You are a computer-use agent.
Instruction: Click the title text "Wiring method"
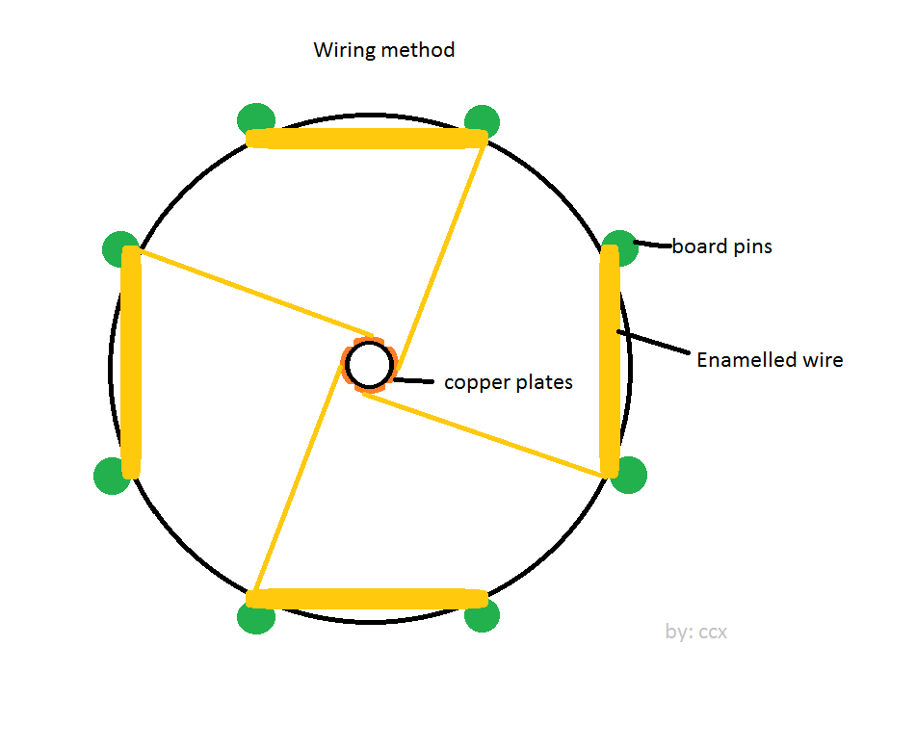(383, 50)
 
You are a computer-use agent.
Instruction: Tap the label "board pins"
(722, 246)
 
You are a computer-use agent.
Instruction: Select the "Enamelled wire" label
(770, 360)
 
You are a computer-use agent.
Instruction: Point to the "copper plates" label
(509, 382)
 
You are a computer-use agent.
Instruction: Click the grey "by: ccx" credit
(696, 632)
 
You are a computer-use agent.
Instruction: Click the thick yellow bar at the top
(367, 139)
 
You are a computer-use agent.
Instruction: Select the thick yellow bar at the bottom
(367, 599)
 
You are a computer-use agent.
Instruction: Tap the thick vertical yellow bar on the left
(131, 362)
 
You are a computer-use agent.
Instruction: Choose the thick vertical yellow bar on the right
(610, 362)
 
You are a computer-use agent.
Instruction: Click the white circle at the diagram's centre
(369, 365)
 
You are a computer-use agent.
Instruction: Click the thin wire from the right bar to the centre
(484, 436)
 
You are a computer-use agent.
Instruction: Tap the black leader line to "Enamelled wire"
(653, 343)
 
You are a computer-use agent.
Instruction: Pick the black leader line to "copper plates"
(413, 381)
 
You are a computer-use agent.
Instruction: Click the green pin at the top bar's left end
(256, 119)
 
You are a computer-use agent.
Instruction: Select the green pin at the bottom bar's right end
(482, 614)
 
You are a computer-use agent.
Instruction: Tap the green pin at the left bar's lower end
(111, 476)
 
